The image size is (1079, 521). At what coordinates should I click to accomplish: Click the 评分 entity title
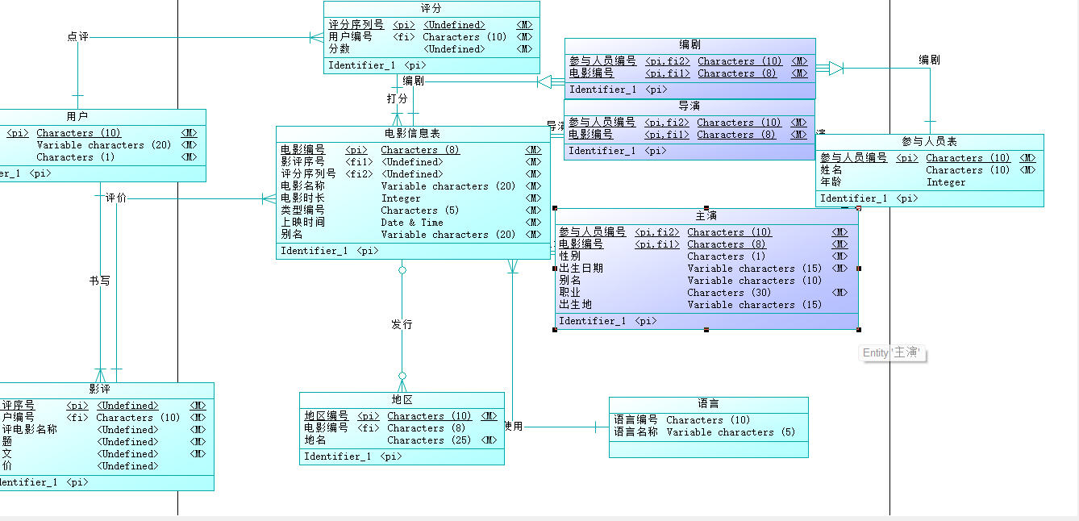pyautogui.click(x=431, y=8)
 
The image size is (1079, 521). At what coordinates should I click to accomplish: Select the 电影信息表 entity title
pyautogui.click(x=412, y=133)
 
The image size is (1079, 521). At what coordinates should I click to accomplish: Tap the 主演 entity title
pyautogui.click(x=706, y=216)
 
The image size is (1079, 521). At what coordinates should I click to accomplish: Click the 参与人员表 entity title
pyautogui.click(x=929, y=141)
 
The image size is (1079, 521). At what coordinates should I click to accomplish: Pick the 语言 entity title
pyautogui.click(x=708, y=403)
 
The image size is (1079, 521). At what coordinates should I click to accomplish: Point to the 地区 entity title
pyautogui.click(x=402, y=399)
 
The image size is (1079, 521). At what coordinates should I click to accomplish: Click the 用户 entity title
pyautogui.click(x=77, y=116)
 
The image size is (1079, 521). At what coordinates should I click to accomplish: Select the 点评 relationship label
pyautogui.click(x=77, y=37)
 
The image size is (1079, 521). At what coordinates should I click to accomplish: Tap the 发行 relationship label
pyautogui.click(x=402, y=324)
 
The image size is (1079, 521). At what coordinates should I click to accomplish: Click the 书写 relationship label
pyautogui.click(x=99, y=281)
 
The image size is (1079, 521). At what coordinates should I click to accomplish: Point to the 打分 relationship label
pyautogui.click(x=397, y=98)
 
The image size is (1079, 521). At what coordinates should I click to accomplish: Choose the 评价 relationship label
pyautogui.click(x=116, y=198)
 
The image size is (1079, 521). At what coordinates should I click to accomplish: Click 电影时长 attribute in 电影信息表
pyautogui.click(x=302, y=198)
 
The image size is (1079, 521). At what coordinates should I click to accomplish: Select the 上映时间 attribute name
pyautogui.click(x=302, y=223)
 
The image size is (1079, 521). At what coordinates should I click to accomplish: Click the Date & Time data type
pyautogui.click(x=411, y=223)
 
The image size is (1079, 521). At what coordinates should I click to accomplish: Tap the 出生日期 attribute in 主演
pyautogui.click(x=581, y=269)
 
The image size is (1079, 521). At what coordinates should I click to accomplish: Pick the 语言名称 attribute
pyautogui.click(x=635, y=432)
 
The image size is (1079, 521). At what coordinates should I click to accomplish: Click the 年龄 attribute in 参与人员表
pyautogui.click(x=831, y=182)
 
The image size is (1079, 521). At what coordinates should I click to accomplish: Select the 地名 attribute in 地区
pyautogui.click(x=315, y=440)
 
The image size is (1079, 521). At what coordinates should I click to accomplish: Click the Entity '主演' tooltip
pyautogui.click(x=891, y=352)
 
